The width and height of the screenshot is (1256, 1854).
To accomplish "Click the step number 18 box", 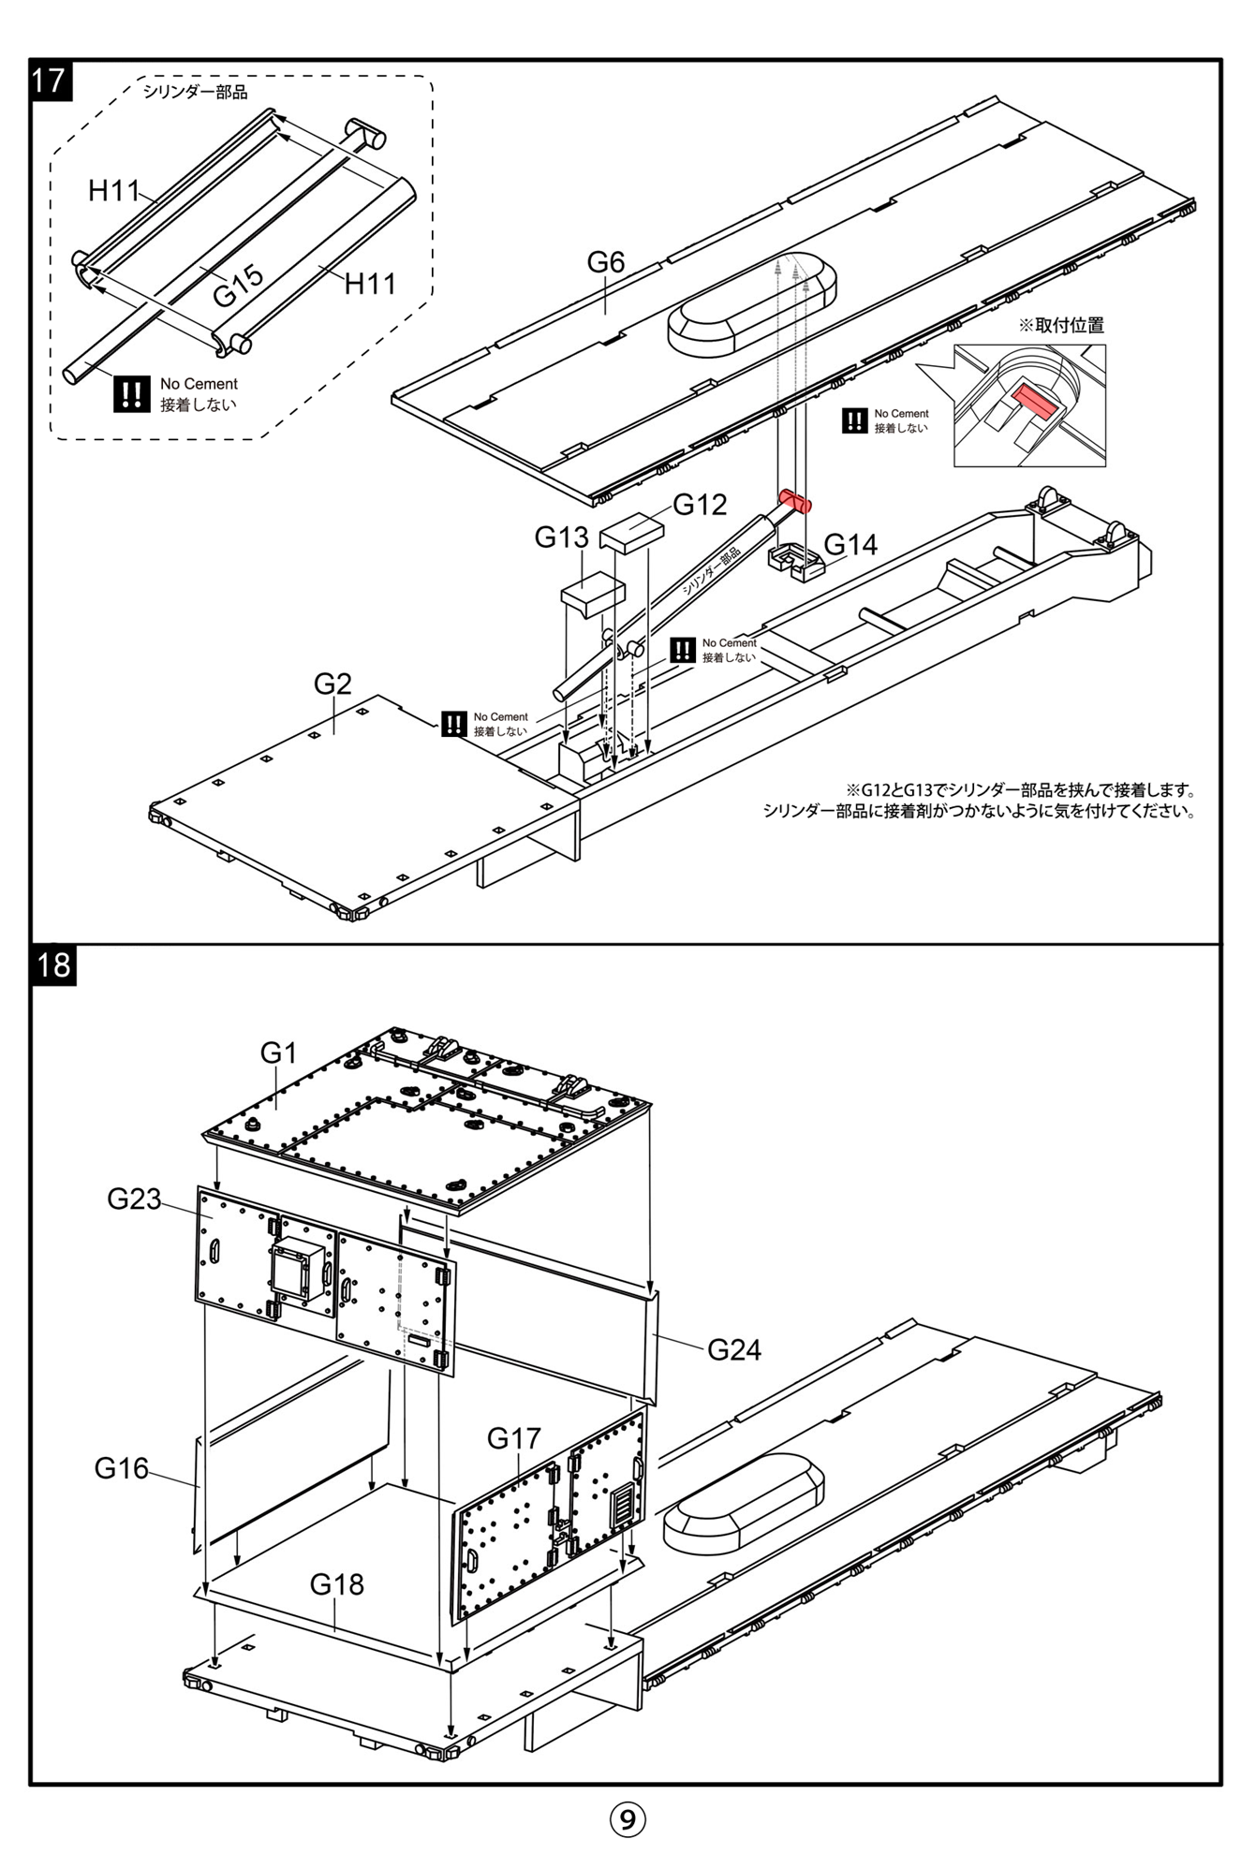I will click(54, 964).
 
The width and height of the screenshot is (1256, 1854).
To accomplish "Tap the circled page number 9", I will click(628, 1818).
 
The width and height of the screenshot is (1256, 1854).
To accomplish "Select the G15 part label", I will click(238, 287).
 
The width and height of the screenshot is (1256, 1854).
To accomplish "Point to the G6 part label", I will click(605, 262).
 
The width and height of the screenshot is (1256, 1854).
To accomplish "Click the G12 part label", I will click(700, 506).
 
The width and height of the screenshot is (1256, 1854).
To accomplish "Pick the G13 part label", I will click(561, 537).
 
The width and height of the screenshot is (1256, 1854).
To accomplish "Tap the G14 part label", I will click(850, 545).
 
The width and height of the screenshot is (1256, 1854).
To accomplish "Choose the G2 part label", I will click(332, 684).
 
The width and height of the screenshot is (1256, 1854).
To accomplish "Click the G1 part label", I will click(278, 1053).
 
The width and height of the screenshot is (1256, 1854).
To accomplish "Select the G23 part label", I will click(134, 1199).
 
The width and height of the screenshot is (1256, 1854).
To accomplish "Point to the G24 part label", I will click(733, 1349).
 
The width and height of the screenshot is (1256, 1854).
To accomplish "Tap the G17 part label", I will click(514, 1437).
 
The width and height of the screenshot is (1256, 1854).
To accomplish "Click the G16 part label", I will click(122, 1468).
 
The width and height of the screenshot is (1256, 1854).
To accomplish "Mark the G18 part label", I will click(336, 1584).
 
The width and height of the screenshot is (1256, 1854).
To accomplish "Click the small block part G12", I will click(632, 533).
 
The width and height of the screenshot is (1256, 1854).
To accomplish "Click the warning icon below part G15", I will click(131, 393).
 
